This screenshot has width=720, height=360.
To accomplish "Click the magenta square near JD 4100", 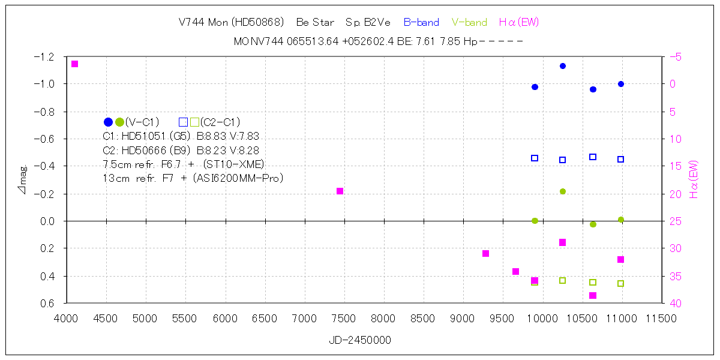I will click(x=74, y=64).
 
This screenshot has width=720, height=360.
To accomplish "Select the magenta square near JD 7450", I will click(x=340, y=191).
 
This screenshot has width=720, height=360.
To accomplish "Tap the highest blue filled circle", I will click(x=563, y=66).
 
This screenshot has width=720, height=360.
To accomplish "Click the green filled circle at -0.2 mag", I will click(x=563, y=191).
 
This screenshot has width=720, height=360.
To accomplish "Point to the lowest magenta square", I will click(x=593, y=295).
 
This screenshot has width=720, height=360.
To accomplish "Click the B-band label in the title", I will click(x=421, y=22).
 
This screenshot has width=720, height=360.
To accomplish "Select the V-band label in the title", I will click(x=469, y=22).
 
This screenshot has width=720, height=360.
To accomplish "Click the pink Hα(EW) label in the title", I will click(x=519, y=22).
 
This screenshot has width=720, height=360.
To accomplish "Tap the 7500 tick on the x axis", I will click(x=343, y=319).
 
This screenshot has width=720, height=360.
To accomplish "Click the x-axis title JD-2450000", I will click(x=360, y=340).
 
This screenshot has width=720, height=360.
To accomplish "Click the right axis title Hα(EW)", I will click(x=694, y=180).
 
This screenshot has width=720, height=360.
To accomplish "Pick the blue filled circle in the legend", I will click(x=108, y=122).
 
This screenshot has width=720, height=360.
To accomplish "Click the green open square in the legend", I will click(x=194, y=122).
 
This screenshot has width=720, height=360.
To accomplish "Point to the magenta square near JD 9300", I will click(x=486, y=253).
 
